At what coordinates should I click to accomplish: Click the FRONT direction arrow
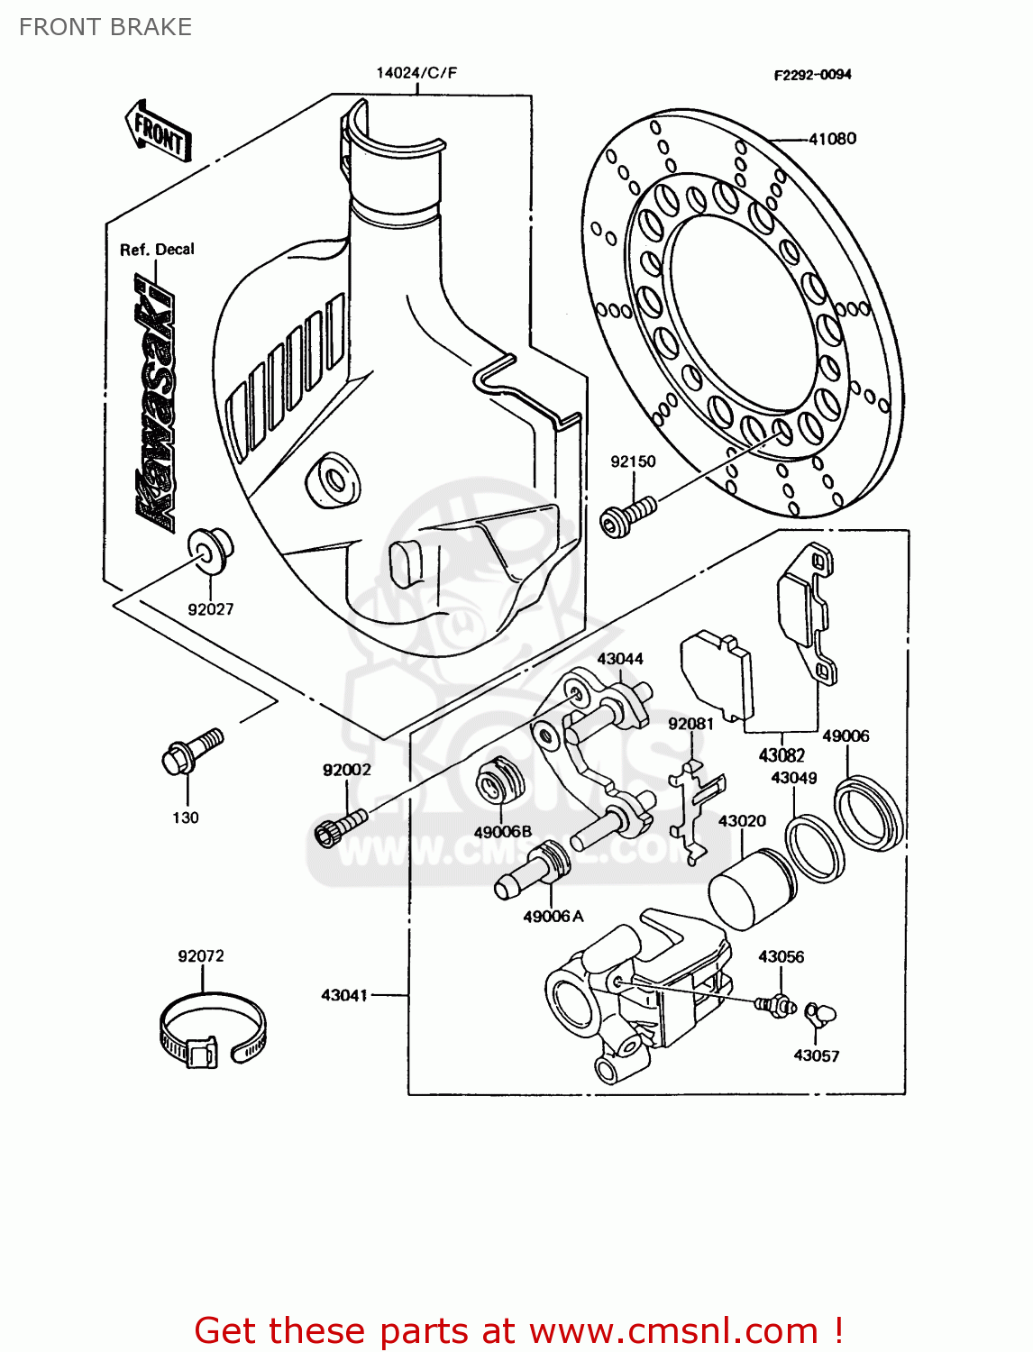coord(159,132)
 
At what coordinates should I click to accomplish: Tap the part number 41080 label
coord(832,139)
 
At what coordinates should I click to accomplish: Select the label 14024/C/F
coord(416,72)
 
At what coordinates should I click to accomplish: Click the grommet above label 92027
coord(210,547)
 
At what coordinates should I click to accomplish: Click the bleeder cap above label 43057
coord(820,1016)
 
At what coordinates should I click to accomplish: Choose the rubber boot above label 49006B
coord(498,781)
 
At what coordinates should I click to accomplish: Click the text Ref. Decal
coord(157,250)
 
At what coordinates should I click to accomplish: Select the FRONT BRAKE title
coord(105,27)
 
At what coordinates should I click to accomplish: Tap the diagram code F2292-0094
coord(812,75)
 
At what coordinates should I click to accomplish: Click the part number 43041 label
coord(344,995)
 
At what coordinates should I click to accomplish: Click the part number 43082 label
coord(781,755)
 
